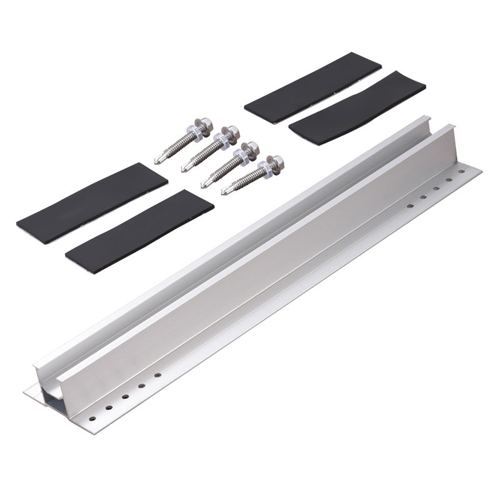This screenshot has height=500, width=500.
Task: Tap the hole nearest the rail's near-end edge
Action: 93,414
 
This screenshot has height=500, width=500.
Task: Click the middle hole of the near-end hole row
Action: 126,396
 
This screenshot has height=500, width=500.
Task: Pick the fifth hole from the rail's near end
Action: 158,375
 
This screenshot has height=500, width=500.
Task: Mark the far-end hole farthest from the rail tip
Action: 410,204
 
